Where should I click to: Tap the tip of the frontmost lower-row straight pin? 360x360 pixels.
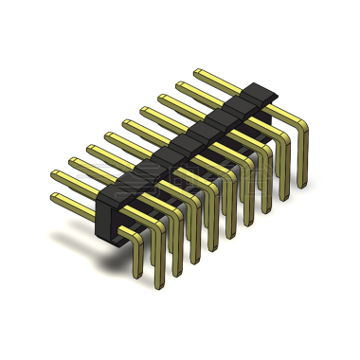tap(54, 197)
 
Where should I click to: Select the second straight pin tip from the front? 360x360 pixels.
tap(72, 160)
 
